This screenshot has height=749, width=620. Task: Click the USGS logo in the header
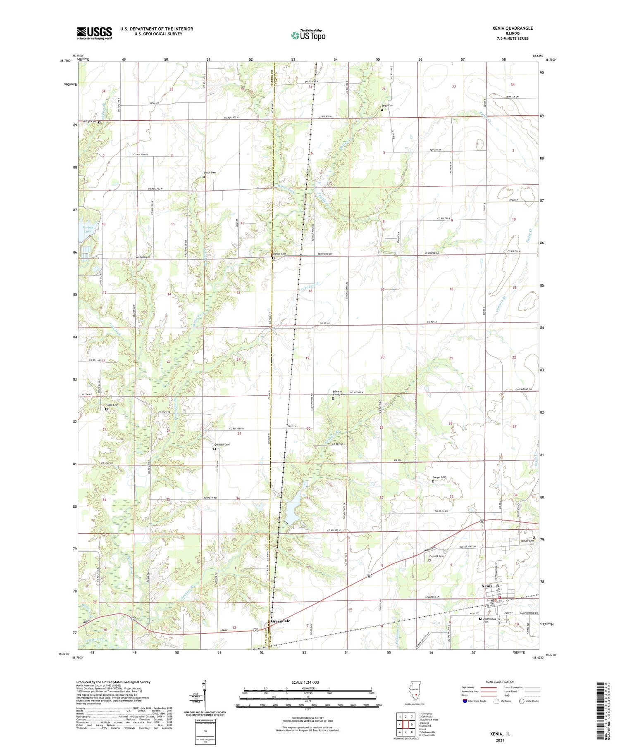click(94, 33)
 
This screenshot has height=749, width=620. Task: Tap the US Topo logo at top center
click(308, 36)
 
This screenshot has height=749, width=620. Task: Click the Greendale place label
click(280, 621)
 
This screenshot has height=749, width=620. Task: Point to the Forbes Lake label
click(88, 229)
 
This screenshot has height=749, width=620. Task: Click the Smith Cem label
click(210, 172)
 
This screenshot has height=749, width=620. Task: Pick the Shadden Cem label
click(221, 445)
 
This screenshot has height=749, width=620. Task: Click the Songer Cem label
click(439, 477)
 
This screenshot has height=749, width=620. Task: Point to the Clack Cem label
click(112, 405)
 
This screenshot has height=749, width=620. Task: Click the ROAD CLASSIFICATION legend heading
click(497, 682)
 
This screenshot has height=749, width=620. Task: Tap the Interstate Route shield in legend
click(465, 701)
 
